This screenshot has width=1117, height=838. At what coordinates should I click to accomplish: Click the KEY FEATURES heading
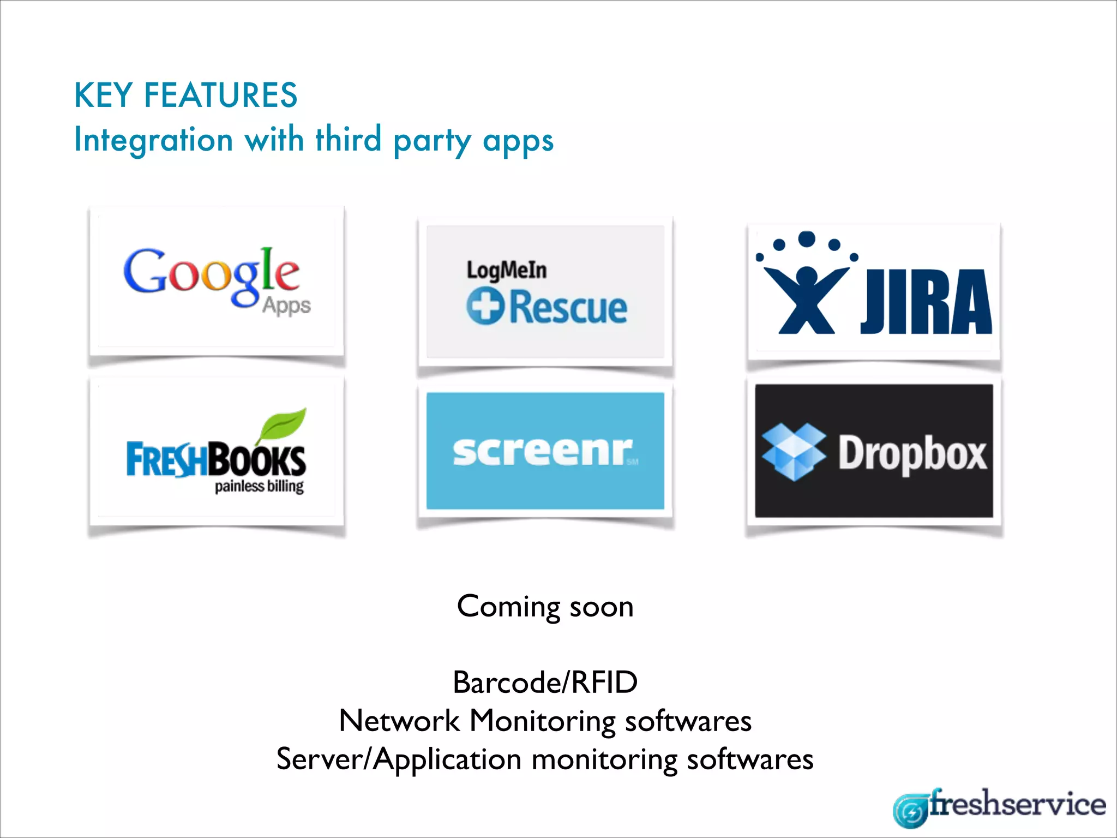pos(185,95)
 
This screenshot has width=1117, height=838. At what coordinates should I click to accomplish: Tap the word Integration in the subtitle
pos(153,140)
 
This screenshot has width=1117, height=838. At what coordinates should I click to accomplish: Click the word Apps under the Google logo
pos(286,306)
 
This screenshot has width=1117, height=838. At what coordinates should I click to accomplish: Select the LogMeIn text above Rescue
pos(506,270)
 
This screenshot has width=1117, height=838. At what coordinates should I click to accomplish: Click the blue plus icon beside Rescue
pos(484,307)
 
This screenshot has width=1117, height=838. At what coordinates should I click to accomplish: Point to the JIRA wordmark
pos(926,302)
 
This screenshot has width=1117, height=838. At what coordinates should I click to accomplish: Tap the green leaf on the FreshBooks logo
pos(283,423)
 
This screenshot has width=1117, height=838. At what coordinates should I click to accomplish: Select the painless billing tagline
pos(259,486)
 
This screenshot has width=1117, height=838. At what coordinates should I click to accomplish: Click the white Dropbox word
pos(912,453)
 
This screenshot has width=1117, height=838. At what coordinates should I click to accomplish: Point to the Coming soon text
pos(545,606)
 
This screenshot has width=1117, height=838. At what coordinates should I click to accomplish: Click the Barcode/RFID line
pos(545,682)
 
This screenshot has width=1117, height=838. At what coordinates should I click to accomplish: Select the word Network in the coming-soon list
pos(399,721)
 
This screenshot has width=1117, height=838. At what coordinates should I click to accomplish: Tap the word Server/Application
pos(399,759)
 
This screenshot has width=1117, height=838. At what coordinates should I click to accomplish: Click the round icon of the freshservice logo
pos(910,811)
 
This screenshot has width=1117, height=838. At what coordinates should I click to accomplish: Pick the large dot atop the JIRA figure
pos(806,239)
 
